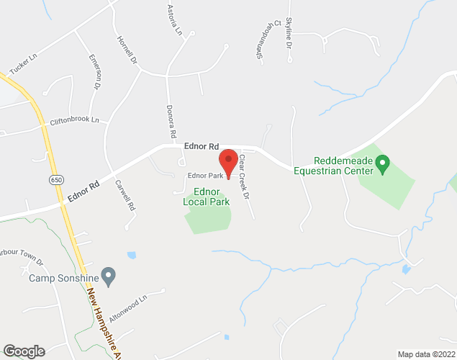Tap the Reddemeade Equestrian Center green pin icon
point(383,165)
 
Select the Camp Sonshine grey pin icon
point(109,274)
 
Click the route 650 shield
point(55,178)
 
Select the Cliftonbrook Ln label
point(74,120)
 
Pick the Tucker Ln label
point(23,63)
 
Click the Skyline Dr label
point(289,32)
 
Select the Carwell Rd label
point(124,194)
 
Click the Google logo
point(22,351)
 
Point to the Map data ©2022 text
point(425,354)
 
